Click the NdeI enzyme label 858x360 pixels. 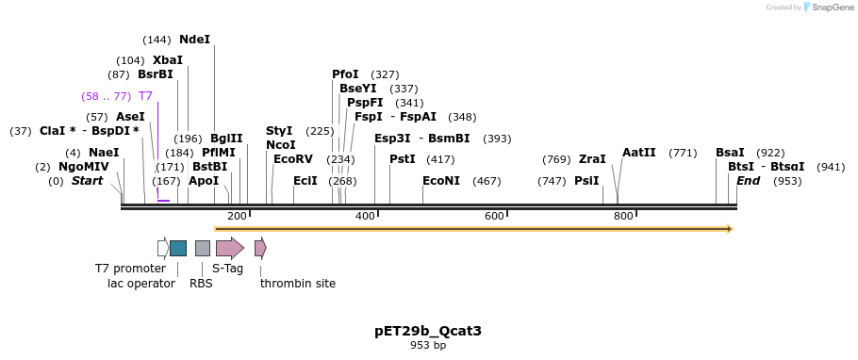click(x=194, y=40)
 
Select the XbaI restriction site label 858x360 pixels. click(x=168, y=59)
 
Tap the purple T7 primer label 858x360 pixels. click(x=145, y=96)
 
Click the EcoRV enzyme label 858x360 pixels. click(x=292, y=159)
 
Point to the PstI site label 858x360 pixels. click(x=403, y=159)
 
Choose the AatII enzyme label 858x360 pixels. click(x=638, y=152)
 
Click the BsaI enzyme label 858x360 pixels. click(x=730, y=152)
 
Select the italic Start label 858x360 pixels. click(x=87, y=181)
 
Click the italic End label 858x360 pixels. click(x=748, y=181)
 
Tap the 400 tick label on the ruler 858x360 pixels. click(x=365, y=217)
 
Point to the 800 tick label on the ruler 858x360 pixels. click(x=623, y=217)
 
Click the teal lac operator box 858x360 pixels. click(x=178, y=248)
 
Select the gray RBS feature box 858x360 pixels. click(x=202, y=248)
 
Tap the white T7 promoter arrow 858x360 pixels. click(x=162, y=248)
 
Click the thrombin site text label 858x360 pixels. click(x=298, y=283)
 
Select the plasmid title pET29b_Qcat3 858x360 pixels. click(x=428, y=331)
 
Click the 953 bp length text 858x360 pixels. click(x=428, y=346)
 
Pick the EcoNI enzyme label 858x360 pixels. click(x=441, y=181)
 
